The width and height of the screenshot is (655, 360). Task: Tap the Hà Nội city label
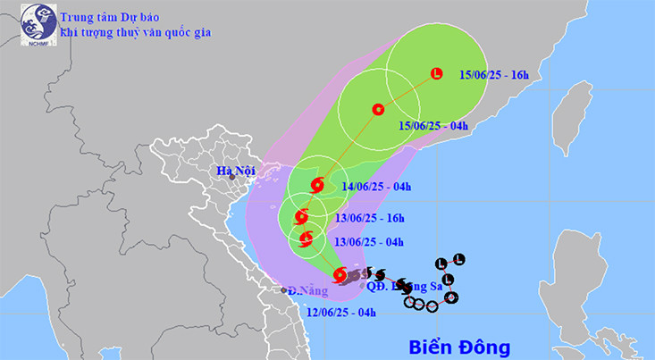click(235, 170)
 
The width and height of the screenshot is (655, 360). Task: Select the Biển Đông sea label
click(458, 345)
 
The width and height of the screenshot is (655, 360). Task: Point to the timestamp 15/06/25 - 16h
click(494, 74)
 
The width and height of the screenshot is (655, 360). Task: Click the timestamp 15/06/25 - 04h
click(434, 126)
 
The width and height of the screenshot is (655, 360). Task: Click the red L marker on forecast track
click(436, 73)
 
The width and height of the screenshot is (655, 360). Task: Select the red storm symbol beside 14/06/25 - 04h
click(316, 186)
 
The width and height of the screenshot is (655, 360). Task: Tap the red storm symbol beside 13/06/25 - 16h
click(301, 215)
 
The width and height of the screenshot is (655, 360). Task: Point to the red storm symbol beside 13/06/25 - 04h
click(307, 238)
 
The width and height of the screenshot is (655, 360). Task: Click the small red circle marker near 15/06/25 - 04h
click(377, 110)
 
